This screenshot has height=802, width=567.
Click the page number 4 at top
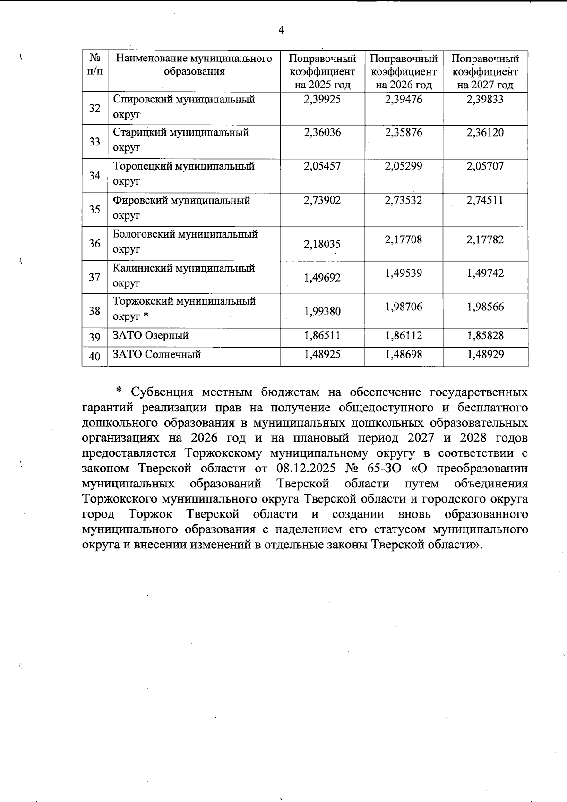[281, 30]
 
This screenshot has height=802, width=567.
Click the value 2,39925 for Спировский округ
[322, 99]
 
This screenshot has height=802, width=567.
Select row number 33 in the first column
[94, 142]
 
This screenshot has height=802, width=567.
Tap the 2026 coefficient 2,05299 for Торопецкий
[404, 166]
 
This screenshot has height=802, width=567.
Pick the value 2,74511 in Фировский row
[485, 200]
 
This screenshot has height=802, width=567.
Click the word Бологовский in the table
[143, 234]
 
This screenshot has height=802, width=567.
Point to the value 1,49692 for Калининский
[322, 278]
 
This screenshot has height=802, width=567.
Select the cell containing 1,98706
[404, 307]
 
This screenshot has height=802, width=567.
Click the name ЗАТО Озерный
[151, 336]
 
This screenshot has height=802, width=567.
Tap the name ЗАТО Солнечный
[157, 354]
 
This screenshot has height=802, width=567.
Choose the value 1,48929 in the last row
[485, 354]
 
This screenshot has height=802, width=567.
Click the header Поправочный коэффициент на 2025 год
[322, 72]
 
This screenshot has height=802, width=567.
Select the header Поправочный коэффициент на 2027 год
[485, 72]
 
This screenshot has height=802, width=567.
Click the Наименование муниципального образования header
[194, 65]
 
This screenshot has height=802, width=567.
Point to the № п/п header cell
[94, 65]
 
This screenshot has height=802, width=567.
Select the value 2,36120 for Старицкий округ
[485, 133]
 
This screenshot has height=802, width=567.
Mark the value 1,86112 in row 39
[404, 336]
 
